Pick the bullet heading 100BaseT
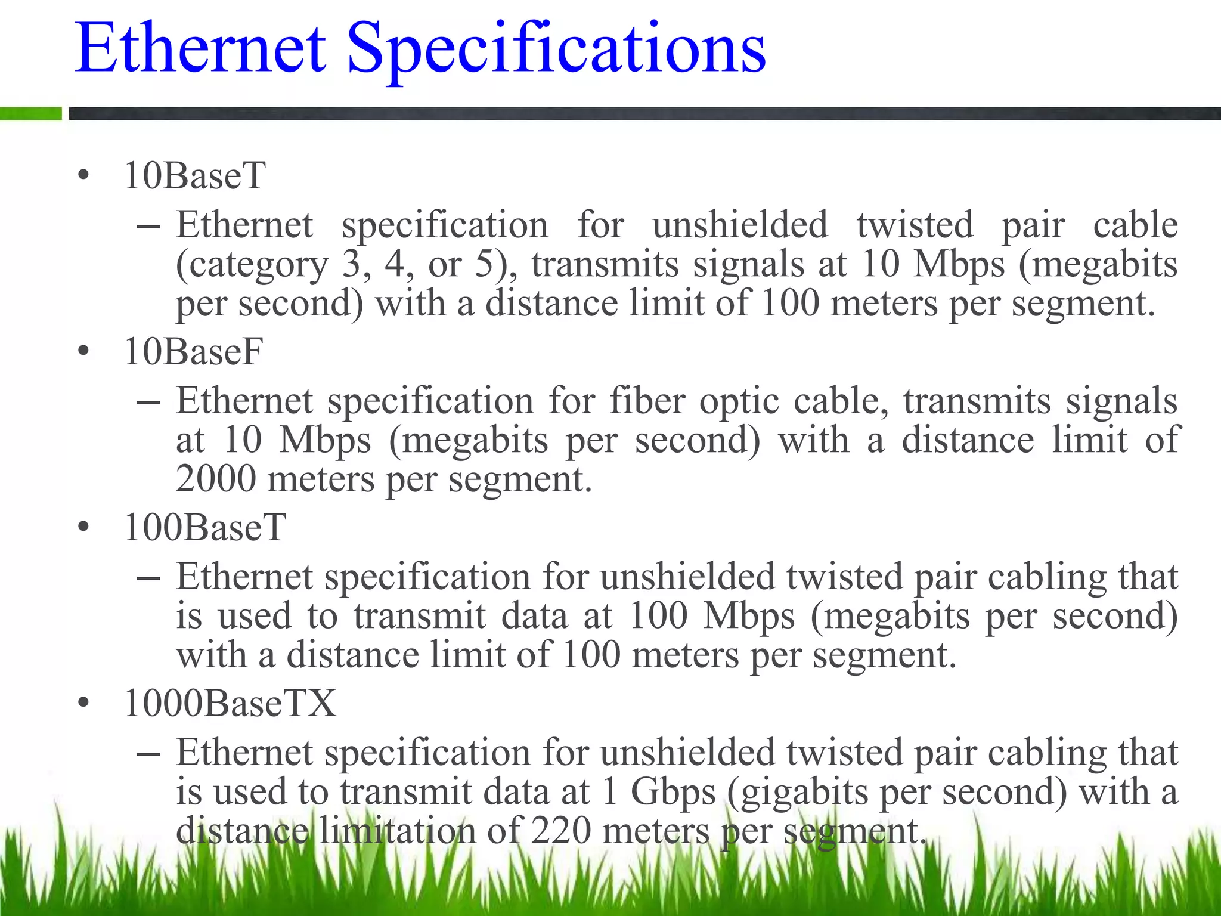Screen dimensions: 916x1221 click(205, 527)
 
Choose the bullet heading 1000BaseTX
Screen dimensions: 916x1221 click(230, 703)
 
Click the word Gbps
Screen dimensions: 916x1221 click(673, 793)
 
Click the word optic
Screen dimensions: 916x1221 click(739, 401)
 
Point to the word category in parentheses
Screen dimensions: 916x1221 click(252, 265)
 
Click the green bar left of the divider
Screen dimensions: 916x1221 click(30, 113)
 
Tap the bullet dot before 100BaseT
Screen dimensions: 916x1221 click(83, 527)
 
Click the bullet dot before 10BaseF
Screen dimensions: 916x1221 click(83, 351)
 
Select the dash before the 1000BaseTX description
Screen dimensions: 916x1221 click(148, 754)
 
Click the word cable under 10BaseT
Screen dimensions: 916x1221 click(1135, 225)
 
